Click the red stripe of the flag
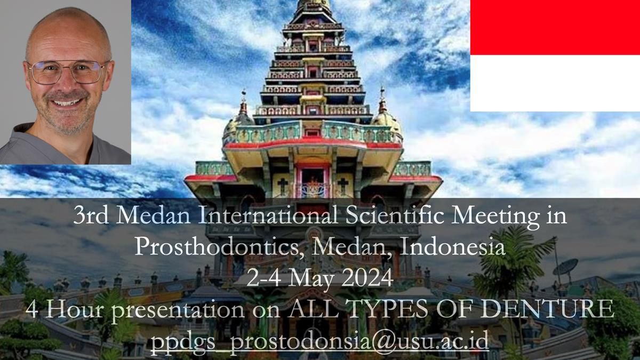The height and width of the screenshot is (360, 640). point(555,27)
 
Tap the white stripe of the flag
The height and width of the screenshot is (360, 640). point(555,83)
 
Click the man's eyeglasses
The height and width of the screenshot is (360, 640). point(68,72)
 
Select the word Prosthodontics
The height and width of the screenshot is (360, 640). point(216,246)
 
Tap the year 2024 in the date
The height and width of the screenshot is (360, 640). point(367,278)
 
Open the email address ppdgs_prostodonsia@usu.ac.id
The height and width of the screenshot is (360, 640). point(319,342)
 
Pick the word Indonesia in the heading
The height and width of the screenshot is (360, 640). point(452,246)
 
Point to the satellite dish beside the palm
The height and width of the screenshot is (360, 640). point(565,267)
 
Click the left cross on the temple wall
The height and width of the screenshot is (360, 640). point(283,186)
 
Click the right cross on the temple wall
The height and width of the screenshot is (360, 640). point(342,186)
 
